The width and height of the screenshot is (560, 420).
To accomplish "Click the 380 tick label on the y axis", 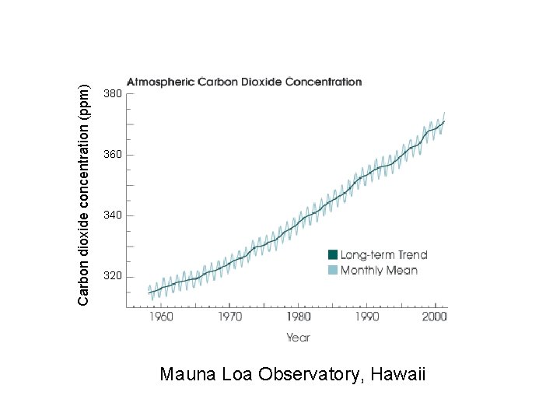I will (x=112, y=93).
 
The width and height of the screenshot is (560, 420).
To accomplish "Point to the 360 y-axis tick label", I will (x=112, y=155).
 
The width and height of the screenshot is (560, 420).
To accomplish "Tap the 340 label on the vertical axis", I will (x=112, y=215).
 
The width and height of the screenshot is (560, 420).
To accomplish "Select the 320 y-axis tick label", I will (x=112, y=276).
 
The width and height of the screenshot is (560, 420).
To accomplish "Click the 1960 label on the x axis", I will (x=161, y=317).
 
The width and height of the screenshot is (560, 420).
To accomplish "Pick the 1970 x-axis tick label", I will (x=229, y=317).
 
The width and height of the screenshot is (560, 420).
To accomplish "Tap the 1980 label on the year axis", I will (x=299, y=317).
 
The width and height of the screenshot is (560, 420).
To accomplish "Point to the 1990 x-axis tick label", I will (x=367, y=317).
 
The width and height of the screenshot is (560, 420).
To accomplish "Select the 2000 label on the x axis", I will (x=435, y=317).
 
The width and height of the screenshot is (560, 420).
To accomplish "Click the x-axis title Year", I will (x=298, y=338).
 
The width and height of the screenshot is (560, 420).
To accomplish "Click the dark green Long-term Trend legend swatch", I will (x=333, y=254).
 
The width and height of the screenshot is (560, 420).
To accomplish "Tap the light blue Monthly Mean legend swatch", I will (x=333, y=270).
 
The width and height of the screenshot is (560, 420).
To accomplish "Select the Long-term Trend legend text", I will (x=383, y=254).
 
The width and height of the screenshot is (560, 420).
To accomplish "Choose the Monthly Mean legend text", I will (x=379, y=270).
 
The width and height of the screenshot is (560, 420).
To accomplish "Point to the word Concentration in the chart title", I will (x=324, y=81).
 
